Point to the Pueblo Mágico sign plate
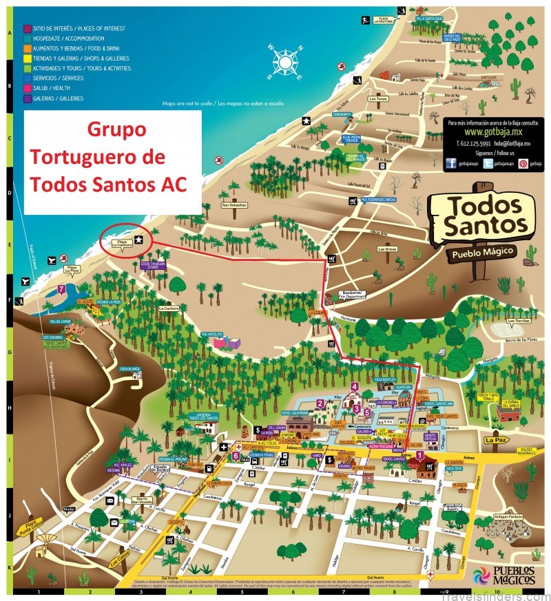(483, 253)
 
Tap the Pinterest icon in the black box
(523, 164)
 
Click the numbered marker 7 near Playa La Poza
(62, 290)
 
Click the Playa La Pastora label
(383, 20)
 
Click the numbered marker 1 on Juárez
(420, 455)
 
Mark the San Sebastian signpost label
(234, 204)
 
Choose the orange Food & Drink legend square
(27, 50)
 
